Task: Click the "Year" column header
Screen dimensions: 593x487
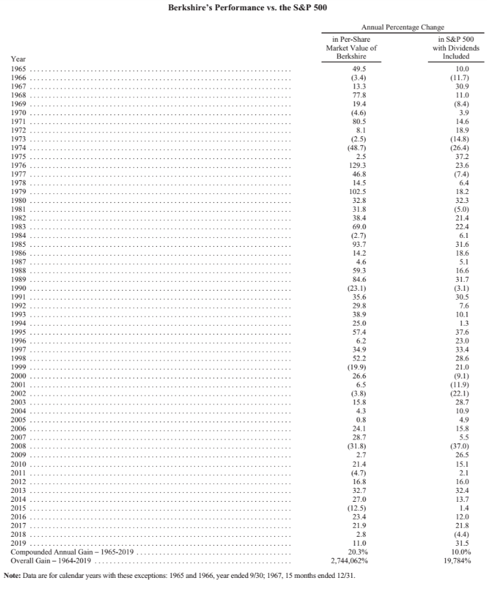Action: (x=19, y=59)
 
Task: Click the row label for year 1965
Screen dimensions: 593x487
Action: (x=20, y=69)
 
